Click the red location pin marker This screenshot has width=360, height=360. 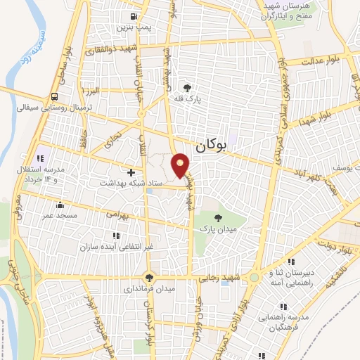coord(181,164)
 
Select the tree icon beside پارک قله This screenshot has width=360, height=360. coord(188,87)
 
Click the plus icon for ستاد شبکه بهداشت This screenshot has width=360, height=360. coord(131,172)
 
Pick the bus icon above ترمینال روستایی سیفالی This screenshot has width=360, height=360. coord(55,97)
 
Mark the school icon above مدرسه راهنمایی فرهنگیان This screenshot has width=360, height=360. coord(283,307)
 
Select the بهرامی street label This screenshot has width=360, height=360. coord(115,214)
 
